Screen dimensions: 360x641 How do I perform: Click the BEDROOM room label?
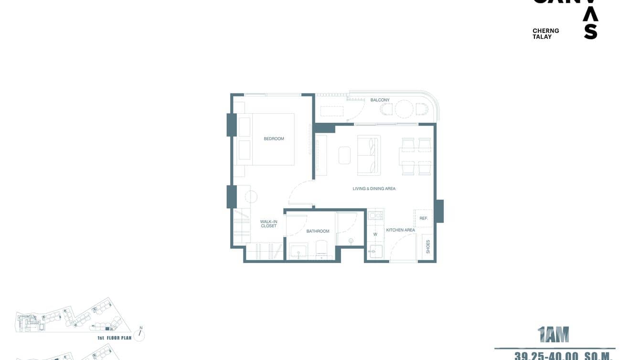(274, 139)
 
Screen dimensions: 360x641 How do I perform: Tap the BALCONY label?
(380, 100)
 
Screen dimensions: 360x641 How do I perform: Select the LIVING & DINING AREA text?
(374, 189)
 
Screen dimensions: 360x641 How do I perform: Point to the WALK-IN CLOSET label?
(268, 224)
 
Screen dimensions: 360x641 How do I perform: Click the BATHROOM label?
(318, 231)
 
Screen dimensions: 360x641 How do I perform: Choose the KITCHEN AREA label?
(400, 230)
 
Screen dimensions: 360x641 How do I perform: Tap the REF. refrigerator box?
(423, 218)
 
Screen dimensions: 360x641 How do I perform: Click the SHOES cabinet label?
(428, 246)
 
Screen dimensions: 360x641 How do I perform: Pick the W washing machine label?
(375, 234)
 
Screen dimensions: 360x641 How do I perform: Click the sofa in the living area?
(369, 155)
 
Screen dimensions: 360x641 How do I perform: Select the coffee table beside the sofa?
(344, 155)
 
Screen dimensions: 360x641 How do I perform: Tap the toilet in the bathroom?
(321, 248)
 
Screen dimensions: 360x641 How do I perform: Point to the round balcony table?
(404, 109)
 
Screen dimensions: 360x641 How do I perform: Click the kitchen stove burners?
(376, 215)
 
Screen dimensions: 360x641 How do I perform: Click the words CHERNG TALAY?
(545, 33)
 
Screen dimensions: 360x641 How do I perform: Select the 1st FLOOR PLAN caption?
(114, 338)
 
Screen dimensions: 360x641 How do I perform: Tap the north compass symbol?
(139, 334)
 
